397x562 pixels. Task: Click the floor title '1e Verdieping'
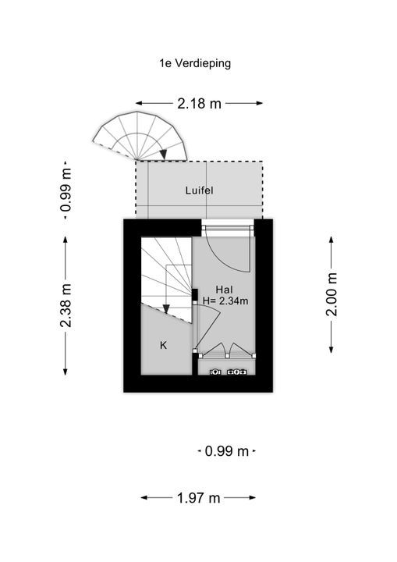(x=195, y=64)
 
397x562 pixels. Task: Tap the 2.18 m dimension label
(x=199, y=104)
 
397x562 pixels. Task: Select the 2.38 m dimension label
(x=66, y=305)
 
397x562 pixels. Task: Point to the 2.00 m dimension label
(x=331, y=294)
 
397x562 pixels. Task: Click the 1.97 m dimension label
(x=198, y=498)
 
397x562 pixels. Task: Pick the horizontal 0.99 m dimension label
(x=227, y=451)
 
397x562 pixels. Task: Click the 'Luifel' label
(x=199, y=190)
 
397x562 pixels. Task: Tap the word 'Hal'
(x=225, y=290)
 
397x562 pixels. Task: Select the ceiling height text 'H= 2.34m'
(x=225, y=301)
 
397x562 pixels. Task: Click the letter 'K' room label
(x=163, y=345)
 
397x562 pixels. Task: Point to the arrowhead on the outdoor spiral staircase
(x=163, y=154)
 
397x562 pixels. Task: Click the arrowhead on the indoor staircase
(x=166, y=309)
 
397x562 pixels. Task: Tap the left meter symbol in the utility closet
(x=215, y=372)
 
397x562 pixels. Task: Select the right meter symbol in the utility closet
(x=237, y=372)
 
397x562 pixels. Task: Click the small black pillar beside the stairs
(x=195, y=294)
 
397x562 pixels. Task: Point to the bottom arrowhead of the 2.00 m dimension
(x=331, y=349)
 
